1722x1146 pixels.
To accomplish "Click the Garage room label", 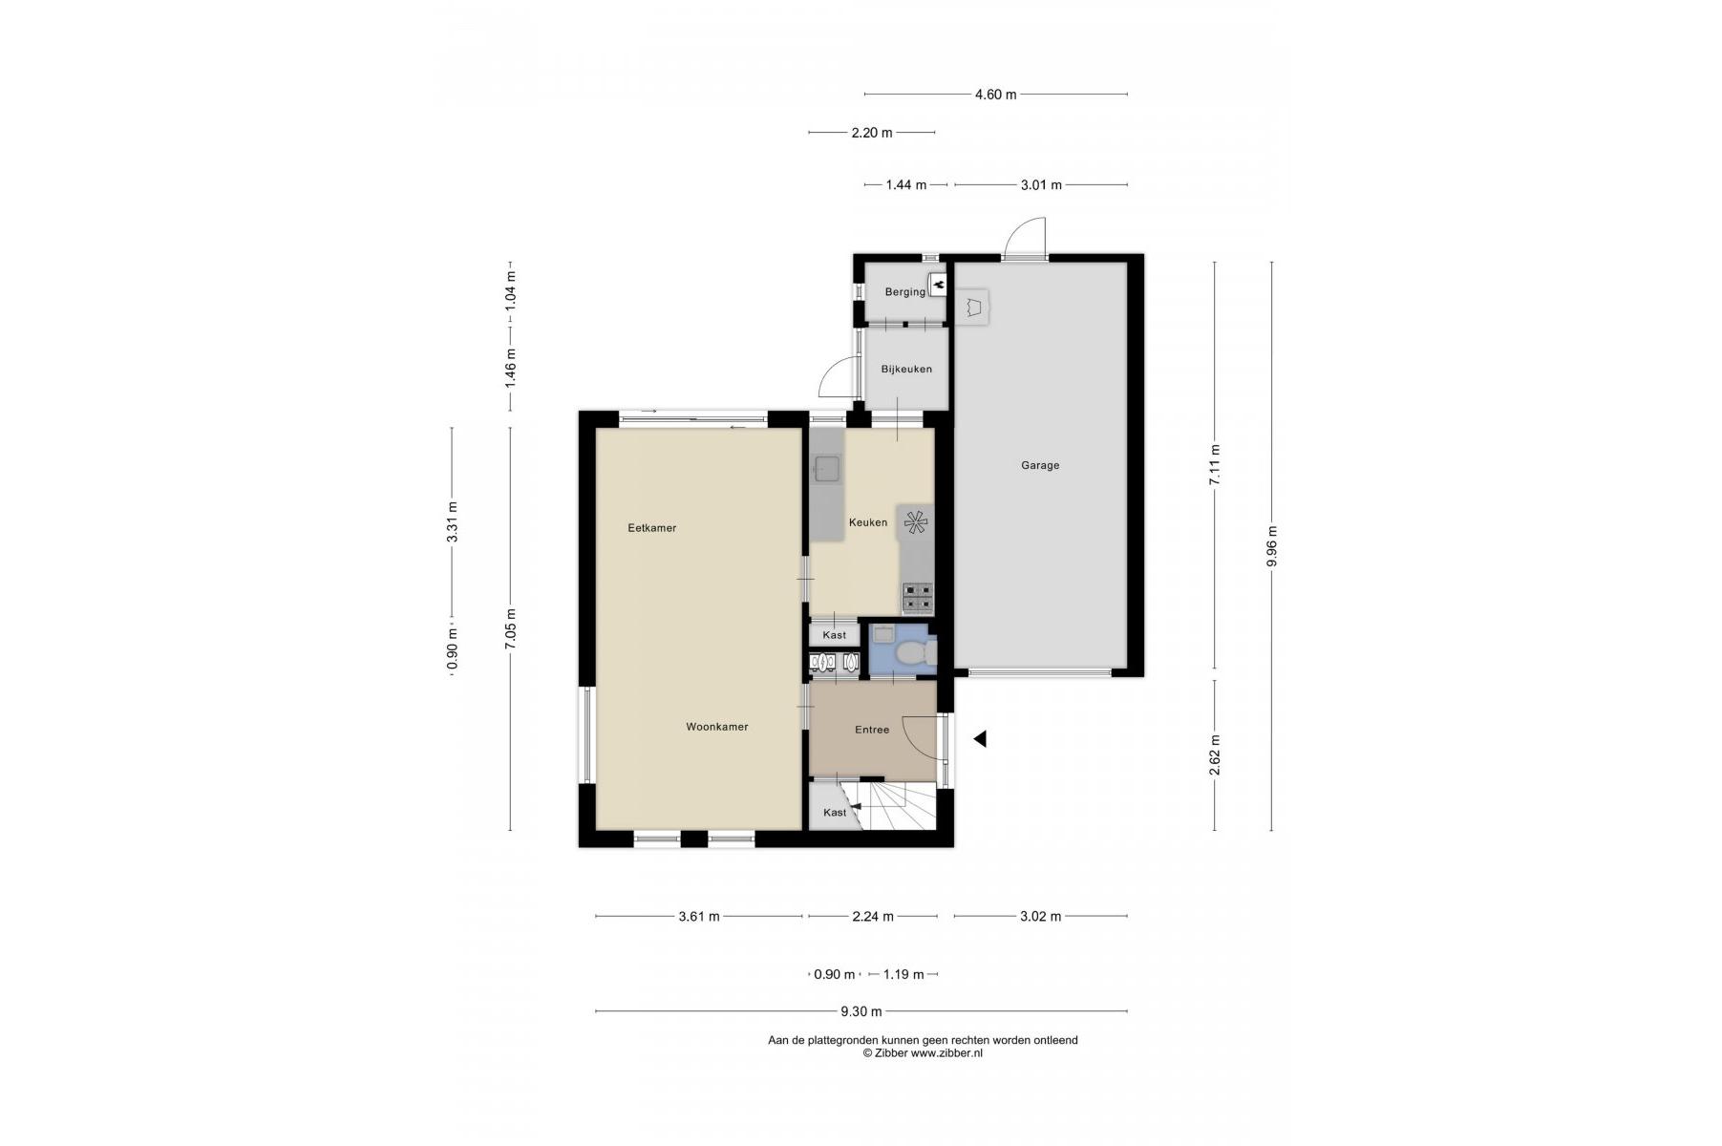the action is (x=1040, y=466).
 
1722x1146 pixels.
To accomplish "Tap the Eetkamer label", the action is (x=651, y=528).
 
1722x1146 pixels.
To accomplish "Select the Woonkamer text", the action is (x=716, y=727).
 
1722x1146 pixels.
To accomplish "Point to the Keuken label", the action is (x=868, y=522).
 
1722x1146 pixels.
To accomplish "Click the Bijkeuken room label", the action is (x=906, y=370).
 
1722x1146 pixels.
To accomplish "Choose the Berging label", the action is (x=904, y=292).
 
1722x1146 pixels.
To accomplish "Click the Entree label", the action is (x=872, y=730).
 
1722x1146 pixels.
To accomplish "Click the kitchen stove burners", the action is (x=918, y=598).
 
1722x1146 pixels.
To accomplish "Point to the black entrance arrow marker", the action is (x=979, y=738).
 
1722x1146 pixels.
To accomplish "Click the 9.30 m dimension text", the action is (x=861, y=1011).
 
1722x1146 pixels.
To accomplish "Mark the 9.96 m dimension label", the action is (x=1271, y=546).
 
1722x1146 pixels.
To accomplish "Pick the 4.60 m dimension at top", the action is (x=995, y=95).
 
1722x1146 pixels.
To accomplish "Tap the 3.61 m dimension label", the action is (x=699, y=917).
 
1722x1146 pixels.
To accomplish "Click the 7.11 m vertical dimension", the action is (x=1215, y=465).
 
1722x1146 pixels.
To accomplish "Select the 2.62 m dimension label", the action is (x=1215, y=754).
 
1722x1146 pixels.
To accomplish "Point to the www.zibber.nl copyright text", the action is (x=923, y=1053).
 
